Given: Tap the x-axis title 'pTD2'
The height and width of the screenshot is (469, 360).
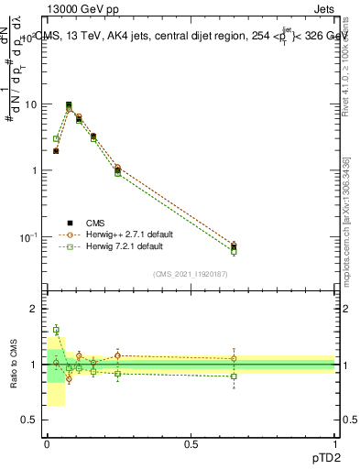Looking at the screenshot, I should point(321,455).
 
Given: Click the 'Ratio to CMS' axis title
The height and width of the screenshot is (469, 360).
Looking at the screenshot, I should point(13,364).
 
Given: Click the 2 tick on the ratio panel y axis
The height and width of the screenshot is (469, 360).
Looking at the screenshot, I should point(34,310).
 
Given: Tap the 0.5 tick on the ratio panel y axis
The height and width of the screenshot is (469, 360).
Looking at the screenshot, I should point(29,420).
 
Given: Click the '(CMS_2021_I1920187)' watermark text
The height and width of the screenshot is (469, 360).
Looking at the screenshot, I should point(191,274).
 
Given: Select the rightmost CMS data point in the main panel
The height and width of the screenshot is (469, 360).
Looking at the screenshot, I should point(234,246).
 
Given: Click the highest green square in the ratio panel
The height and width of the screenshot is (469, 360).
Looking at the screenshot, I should point(56,330).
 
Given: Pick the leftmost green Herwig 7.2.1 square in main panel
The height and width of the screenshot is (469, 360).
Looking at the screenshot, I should point(56,139).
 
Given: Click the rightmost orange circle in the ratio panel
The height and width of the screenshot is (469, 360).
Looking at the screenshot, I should point(234,358).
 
